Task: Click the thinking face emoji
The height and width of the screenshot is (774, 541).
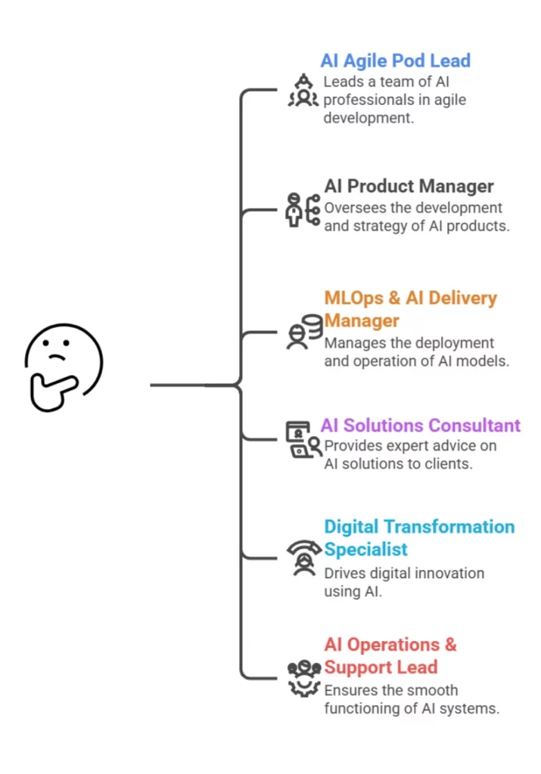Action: point(64,367)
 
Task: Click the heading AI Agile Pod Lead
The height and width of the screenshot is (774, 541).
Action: point(395,60)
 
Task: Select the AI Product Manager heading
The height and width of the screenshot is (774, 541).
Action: point(409,186)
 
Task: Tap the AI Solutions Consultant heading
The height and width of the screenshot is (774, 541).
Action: point(420,426)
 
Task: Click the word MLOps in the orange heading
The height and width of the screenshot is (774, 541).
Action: point(354,298)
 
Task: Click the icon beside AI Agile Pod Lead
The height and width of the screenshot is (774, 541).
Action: point(303,91)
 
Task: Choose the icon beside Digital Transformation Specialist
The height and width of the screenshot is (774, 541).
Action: point(303,558)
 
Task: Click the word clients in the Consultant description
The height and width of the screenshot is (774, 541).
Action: point(447,464)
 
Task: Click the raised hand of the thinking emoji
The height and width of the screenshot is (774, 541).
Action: point(47,390)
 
